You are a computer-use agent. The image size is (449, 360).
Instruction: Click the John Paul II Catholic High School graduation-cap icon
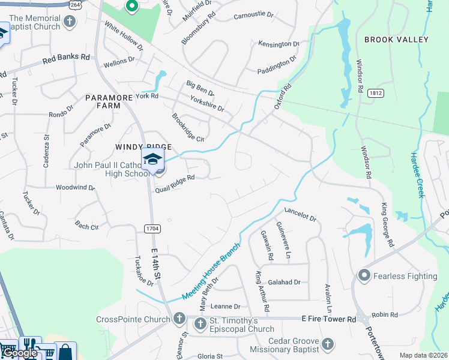pos(152,160)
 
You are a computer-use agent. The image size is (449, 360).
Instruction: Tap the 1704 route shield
pos(152,228)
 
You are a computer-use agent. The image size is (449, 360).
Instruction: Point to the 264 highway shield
pos(74,5)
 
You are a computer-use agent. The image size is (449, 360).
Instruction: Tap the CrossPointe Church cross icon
pos(179,319)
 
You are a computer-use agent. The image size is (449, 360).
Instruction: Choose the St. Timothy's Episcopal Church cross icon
pos(200,324)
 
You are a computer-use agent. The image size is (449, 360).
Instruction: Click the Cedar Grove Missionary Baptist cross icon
pos(327,344)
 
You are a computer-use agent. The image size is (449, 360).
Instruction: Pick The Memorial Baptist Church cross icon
pos(70,22)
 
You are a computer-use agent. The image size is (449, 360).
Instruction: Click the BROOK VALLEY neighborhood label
pos(396,40)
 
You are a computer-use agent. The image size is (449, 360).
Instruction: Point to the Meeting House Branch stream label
pos(211,272)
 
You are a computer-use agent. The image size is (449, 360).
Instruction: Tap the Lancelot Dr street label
pos(300,215)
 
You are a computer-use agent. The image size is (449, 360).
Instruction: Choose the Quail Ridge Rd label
pos(175,182)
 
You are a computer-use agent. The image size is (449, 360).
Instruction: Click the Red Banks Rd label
pos(66,59)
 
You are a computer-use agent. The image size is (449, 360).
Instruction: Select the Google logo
pos(20,353)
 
